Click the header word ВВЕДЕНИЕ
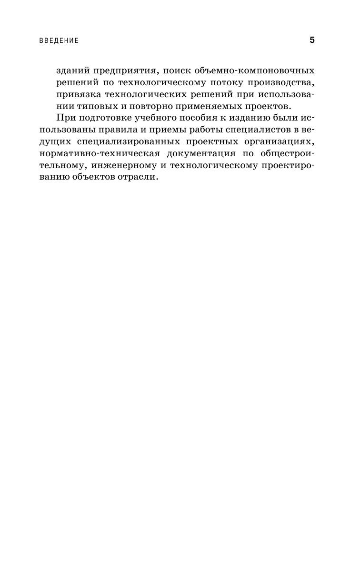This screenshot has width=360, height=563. (59, 41)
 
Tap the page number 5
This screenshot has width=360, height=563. (312, 40)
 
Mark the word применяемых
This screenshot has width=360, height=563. (196, 106)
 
